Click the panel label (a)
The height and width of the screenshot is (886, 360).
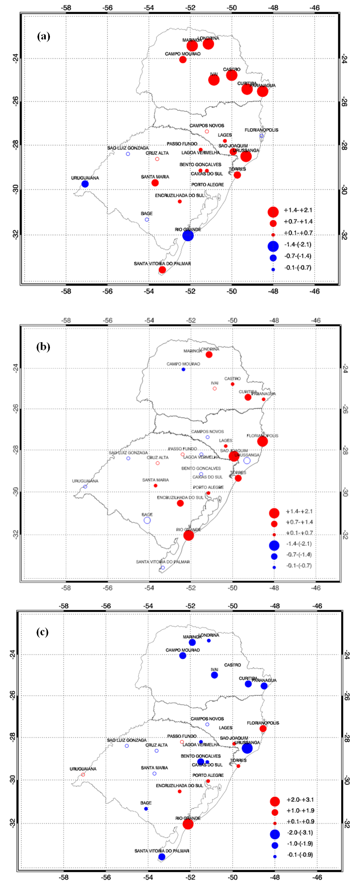[44, 36]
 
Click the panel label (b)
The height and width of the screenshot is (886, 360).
[44, 347]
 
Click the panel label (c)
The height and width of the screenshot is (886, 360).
[42, 632]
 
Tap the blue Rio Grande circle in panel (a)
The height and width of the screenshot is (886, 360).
[188, 236]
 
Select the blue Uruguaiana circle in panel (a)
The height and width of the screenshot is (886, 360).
[85, 184]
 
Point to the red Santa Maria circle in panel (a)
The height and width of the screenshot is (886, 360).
[155, 183]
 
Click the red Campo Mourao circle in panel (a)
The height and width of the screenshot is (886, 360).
[183, 60]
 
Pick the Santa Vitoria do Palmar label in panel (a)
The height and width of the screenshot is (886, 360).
[162, 264]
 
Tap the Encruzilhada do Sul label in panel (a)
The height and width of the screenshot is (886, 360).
[180, 195]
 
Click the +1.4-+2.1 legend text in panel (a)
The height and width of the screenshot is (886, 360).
[298, 210]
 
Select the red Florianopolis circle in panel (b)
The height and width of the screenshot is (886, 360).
[262, 441]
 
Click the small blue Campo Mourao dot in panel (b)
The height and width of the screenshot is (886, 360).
[184, 369]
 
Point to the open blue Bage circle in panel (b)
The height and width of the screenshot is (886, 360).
[147, 520]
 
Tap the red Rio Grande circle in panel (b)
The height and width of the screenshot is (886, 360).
[189, 535]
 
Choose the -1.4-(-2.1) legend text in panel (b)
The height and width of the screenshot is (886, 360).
[299, 544]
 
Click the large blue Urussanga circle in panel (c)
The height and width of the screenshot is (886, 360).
[247, 748]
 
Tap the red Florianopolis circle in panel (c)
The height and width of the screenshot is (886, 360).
[263, 729]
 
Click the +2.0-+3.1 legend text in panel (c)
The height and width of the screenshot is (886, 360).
[300, 800]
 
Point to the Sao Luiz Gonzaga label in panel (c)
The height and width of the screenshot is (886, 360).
[127, 740]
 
